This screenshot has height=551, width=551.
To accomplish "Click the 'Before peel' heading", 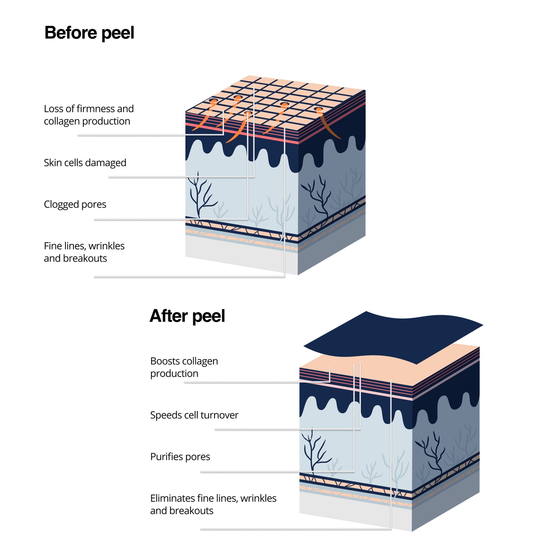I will pos(89,33).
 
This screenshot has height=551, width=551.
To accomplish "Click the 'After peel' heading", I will pos(187,316).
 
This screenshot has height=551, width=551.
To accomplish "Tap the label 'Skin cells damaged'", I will pos(85,163).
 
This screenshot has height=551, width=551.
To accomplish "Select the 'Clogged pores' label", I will pos(75,204).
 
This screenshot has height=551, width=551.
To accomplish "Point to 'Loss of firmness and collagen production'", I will pos(89,115).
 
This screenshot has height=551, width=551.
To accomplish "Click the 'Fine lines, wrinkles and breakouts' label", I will pos(84,252).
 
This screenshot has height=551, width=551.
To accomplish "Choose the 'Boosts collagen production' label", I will pos(184,367).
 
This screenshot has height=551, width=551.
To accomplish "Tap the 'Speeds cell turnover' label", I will pos(194,415).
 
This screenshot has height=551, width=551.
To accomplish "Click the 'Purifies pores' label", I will pos(180,457).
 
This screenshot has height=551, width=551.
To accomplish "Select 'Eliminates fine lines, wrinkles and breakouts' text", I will pos(213,504).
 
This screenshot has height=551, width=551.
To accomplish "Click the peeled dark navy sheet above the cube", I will pos(393,334).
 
